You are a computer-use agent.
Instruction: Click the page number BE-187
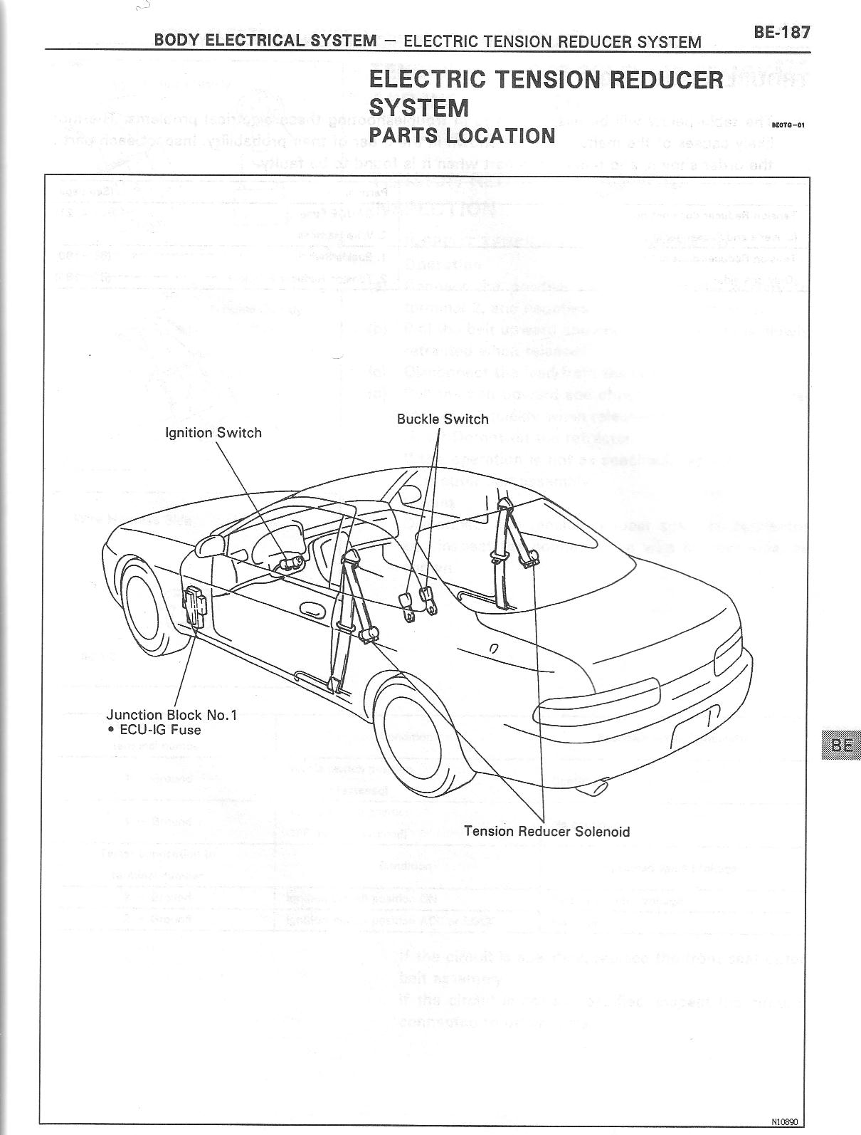click(781, 32)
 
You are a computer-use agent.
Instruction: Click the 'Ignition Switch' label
click(213, 432)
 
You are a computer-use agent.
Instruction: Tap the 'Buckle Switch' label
click(443, 419)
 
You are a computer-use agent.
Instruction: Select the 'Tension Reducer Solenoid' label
click(546, 831)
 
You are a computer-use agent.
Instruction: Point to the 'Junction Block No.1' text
click(171, 715)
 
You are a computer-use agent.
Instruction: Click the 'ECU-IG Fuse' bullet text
click(155, 730)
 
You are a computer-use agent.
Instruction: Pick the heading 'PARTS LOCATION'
click(461, 135)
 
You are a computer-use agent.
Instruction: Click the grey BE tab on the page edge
click(840, 746)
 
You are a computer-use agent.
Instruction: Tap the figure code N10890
click(784, 1121)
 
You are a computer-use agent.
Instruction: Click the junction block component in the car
click(194, 607)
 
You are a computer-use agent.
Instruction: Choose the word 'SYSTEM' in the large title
click(418, 108)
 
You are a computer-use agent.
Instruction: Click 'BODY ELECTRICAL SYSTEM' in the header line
click(265, 40)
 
